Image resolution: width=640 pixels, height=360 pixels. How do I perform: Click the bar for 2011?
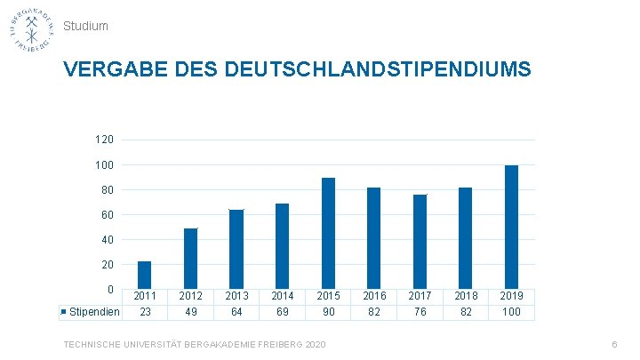[145, 275]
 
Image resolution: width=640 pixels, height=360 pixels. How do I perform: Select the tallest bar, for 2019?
[511, 227]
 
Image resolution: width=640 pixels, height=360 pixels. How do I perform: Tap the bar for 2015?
[328, 234]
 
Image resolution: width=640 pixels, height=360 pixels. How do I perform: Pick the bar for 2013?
[236, 250]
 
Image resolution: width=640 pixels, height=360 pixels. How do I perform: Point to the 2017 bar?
[420, 242]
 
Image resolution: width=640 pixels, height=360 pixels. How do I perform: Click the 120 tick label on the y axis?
[104, 140]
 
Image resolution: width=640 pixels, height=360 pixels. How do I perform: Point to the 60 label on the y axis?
[108, 215]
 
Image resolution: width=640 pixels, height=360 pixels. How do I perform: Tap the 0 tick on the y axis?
[110, 290]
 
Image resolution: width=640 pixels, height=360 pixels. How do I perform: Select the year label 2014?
[283, 296]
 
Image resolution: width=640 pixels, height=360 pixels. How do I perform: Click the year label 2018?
[466, 296]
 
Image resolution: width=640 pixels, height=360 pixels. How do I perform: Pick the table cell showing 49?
[190, 312]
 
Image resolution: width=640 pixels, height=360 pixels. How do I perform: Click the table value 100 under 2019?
[511, 312]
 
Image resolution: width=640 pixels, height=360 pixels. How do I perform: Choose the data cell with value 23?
[145, 312]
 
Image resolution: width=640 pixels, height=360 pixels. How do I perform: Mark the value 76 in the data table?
[420, 312]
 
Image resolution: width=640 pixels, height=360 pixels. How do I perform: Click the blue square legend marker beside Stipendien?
[63, 312]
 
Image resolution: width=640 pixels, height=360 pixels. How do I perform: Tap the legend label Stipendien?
[94, 312]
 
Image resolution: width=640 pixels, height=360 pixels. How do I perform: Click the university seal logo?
[32, 30]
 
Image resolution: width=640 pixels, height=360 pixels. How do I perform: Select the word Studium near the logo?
[85, 26]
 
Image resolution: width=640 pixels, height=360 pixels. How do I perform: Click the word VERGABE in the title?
[116, 69]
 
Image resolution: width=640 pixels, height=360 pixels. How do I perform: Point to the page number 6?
[614, 345]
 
